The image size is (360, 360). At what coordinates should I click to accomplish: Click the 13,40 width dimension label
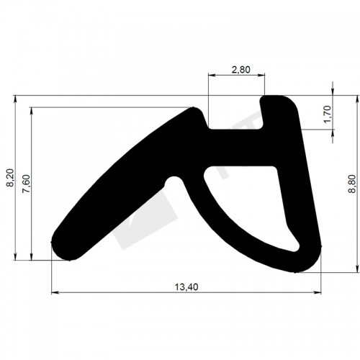point(186,287)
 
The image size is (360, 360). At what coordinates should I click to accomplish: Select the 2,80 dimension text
point(240,70)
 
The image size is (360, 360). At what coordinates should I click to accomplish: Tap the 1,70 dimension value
point(327,114)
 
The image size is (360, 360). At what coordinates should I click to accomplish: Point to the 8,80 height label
point(352,184)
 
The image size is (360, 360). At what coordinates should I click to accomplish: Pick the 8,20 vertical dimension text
point(11,178)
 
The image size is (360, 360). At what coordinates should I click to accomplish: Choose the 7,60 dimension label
point(26,184)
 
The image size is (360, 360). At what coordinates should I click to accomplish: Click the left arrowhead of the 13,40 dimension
point(55,292)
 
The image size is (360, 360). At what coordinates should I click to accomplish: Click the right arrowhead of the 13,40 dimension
point(318,292)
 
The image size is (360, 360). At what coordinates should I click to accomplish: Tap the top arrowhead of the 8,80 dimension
point(359,99)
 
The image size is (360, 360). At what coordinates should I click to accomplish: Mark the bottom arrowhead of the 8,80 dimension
point(359,269)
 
